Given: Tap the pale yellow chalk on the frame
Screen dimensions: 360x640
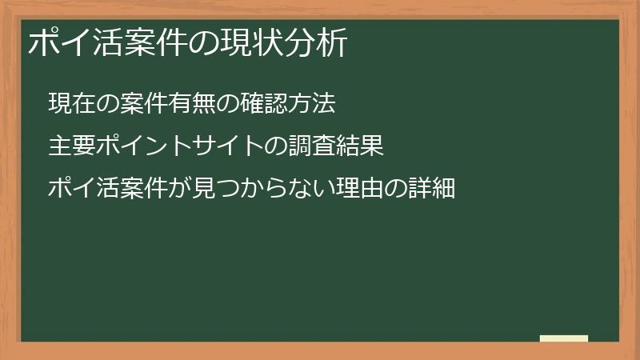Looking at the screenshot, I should pos(564,338).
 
